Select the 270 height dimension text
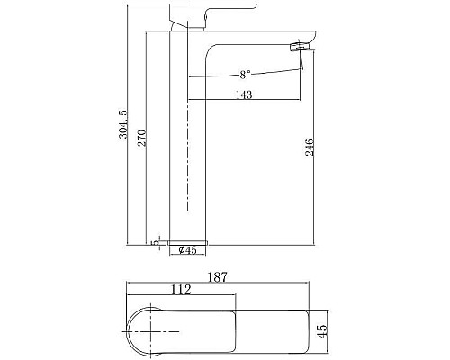coord(155,140)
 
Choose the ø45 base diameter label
coord(187,250)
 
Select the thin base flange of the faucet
coord(187,241)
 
